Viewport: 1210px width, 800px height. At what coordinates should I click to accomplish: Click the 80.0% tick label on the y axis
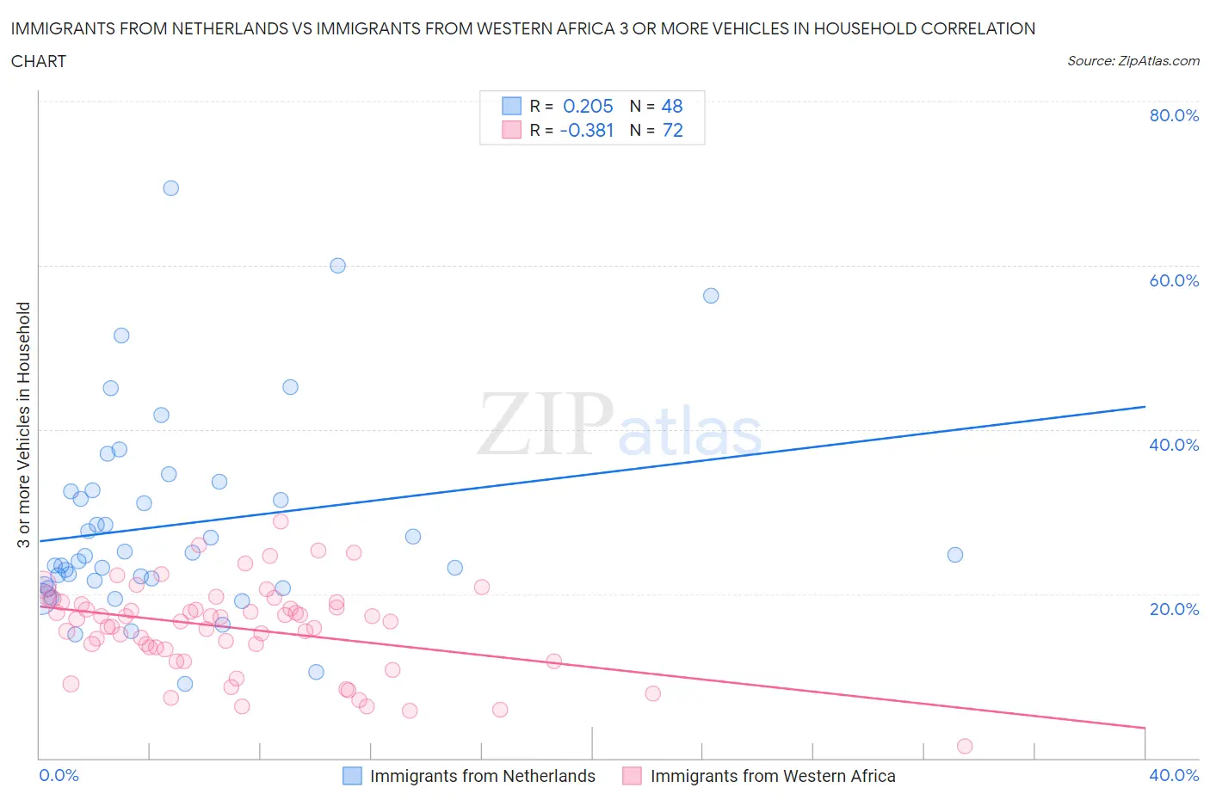(x=1173, y=115)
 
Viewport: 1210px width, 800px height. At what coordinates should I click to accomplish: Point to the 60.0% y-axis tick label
(x=1173, y=280)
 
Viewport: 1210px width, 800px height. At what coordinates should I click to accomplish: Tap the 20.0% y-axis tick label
(x=1173, y=609)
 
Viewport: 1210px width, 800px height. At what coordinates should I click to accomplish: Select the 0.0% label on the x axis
(x=59, y=775)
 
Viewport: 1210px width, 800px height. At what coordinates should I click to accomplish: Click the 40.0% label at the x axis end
(x=1173, y=775)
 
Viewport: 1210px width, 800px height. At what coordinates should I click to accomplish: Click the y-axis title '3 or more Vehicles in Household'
(x=24, y=424)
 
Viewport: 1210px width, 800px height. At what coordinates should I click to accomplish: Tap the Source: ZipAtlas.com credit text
(x=1133, y=61)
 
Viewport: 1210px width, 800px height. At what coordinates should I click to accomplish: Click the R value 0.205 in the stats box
(x=588, y=106)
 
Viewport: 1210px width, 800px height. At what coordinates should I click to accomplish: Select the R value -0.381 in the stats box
(x=586, y=130)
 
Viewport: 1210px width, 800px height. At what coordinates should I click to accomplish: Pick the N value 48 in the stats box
(x=671, y=106)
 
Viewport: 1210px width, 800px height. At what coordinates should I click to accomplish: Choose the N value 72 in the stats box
(x=671, y=130)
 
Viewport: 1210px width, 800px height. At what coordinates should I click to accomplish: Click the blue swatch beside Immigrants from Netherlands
(x=352, y=776)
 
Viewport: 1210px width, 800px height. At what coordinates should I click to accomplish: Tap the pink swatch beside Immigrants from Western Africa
(x=633, y=776)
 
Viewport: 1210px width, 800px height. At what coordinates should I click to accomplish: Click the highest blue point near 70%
(x=170, y=188)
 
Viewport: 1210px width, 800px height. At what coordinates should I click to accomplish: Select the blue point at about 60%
(x=337, y=266)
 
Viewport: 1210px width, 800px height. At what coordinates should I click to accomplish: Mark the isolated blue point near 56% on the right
(x=711, y=296)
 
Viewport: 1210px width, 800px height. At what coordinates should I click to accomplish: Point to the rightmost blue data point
(x=954, y=555)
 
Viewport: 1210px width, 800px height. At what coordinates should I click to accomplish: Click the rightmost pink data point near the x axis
(x=965, y=746)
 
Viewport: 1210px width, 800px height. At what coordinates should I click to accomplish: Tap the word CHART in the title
(x=39, y=61)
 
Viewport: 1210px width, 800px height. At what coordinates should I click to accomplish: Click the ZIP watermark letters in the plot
(x=545, y=424)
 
